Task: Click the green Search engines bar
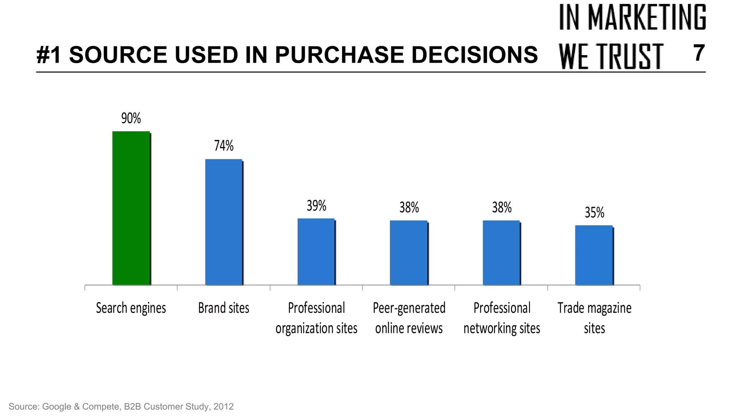click(x=131, y=208)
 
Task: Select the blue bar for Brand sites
click(x=224, y=222)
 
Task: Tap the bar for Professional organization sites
click(x=316, y=252)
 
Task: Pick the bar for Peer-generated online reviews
click(x=409, y=253)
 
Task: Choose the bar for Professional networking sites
click(x=501, y=253)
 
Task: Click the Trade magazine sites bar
click(x=594, y=255)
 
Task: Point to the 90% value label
click(x=131, y=118)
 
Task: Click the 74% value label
click(x=224, y=146)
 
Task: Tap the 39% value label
click(x=316, y=206)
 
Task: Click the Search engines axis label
click(x=131, y=308)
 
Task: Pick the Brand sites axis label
click(x=224, y=308)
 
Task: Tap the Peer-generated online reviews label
click(x=409, y=318)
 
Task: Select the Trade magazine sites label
click(x=594, y=318)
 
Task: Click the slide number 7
click(x=699, y=53)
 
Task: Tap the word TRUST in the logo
click(x=630, y=56)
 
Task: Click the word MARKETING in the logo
click(x=647, y=17)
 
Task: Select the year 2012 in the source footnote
click(x=223, y=406)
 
